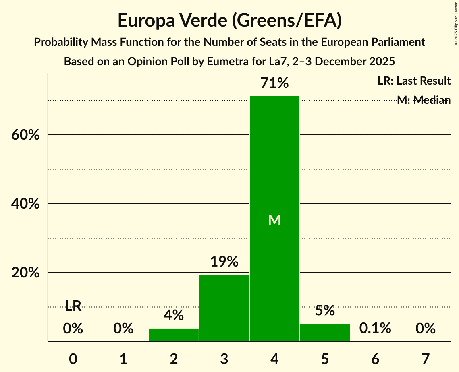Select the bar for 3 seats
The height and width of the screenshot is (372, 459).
pos(224,308)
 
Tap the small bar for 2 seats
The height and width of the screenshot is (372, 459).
pos(174,335)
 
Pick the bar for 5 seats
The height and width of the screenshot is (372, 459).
pos(325,333)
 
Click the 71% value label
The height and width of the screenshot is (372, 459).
pos(274,83)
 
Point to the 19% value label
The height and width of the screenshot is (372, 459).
pos(224,262)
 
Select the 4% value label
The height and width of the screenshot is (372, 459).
pos(174,315)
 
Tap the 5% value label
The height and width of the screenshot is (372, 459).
pos(325,311)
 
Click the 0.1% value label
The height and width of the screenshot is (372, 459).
pos(375,329)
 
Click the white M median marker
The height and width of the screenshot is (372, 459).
pos(274,220)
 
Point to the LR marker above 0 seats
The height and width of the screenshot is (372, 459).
pos(73,306)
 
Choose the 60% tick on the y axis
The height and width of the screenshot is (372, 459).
pos(25,135)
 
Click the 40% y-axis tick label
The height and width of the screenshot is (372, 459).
pos(25,204)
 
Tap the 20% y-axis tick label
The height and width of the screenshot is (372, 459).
pos(25,273)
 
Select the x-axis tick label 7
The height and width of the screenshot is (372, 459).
pos(426,358)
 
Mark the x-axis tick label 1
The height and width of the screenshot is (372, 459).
pos(123,358)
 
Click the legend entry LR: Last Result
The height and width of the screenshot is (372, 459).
pos(414,81)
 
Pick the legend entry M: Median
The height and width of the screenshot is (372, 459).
pos(424,100)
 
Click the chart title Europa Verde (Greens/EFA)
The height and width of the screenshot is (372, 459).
pos(230,21)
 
